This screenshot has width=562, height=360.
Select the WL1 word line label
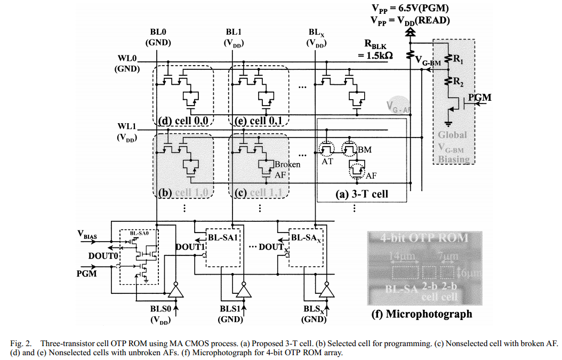(x=127, y=129)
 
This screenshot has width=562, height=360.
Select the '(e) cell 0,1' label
(x=258, y=121)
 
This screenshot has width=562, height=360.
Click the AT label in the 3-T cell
(x=327, y=161)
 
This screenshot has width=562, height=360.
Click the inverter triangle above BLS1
(x=243, y=291)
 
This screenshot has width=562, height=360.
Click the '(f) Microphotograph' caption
(x=421, y=314)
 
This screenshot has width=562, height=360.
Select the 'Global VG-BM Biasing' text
(x=453, y=147)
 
